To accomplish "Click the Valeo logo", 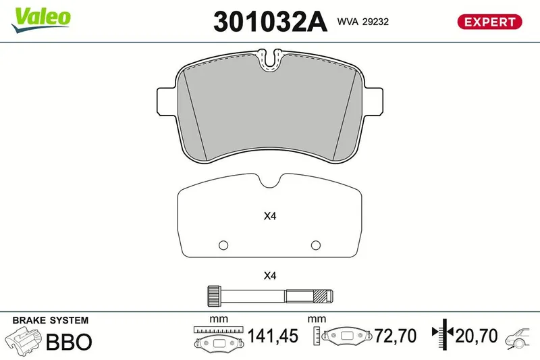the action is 41,20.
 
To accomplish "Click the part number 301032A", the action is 270,22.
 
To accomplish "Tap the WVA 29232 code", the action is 363,22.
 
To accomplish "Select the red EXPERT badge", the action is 489,22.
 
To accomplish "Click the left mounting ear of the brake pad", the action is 167,101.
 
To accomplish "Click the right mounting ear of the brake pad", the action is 373,101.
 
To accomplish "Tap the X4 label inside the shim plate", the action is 270,216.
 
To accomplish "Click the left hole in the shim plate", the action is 223,245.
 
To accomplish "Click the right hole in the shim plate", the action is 316,245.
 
